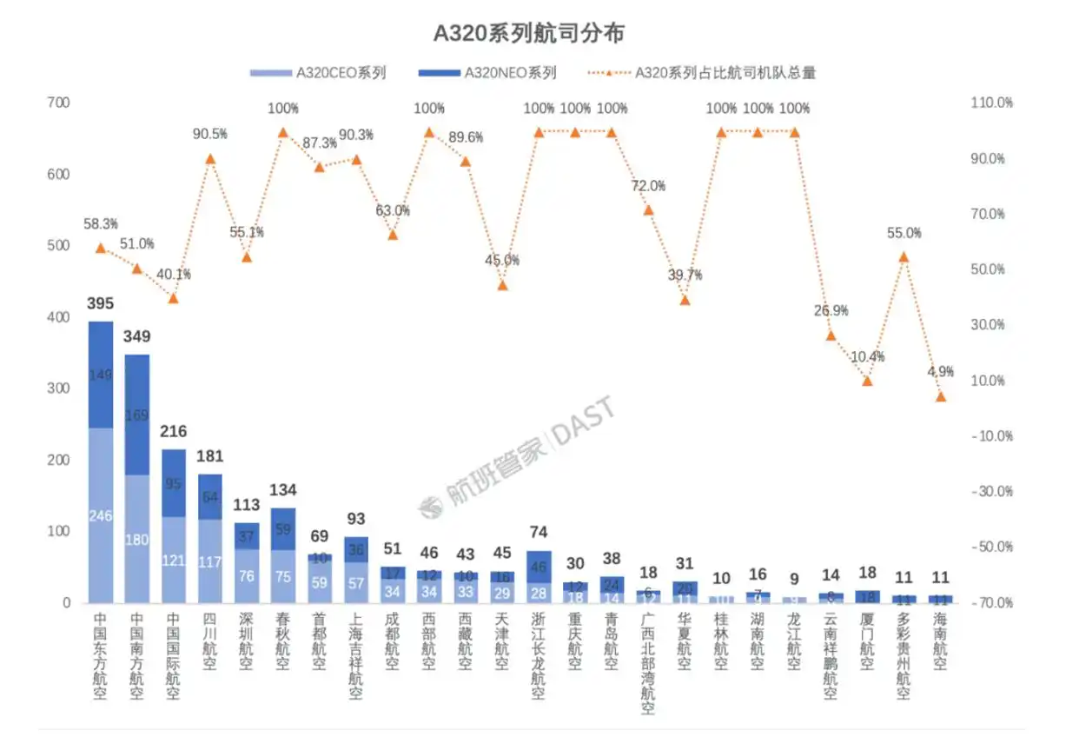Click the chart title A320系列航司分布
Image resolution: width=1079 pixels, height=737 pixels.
coord(528,34)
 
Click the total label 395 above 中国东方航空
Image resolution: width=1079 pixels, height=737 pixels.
coord(101,304)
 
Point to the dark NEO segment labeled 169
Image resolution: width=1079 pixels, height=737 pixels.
coord(137,415)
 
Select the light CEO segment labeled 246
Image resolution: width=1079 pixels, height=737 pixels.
coord(101,515)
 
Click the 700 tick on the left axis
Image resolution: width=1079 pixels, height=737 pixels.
coord(58,103)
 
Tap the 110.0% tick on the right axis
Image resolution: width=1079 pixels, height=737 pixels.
coord(991,103)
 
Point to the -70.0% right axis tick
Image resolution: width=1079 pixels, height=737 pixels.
coord(991,603)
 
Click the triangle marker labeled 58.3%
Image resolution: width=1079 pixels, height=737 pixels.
coord(101,248)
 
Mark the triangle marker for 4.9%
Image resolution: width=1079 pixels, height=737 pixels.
coord(940,396)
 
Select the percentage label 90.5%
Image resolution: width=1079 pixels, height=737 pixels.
coord(210,134)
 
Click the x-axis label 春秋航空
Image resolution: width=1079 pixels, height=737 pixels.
coord(283,641)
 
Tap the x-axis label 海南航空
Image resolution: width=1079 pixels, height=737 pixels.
coord(940,641)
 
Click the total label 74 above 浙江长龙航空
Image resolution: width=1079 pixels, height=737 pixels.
coord(539,533)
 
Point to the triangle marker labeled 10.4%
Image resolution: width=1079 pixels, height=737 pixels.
coord(867,381)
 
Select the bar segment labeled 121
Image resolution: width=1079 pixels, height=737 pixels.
coord(174,560)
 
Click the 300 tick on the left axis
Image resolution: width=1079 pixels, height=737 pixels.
coord(58,388)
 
